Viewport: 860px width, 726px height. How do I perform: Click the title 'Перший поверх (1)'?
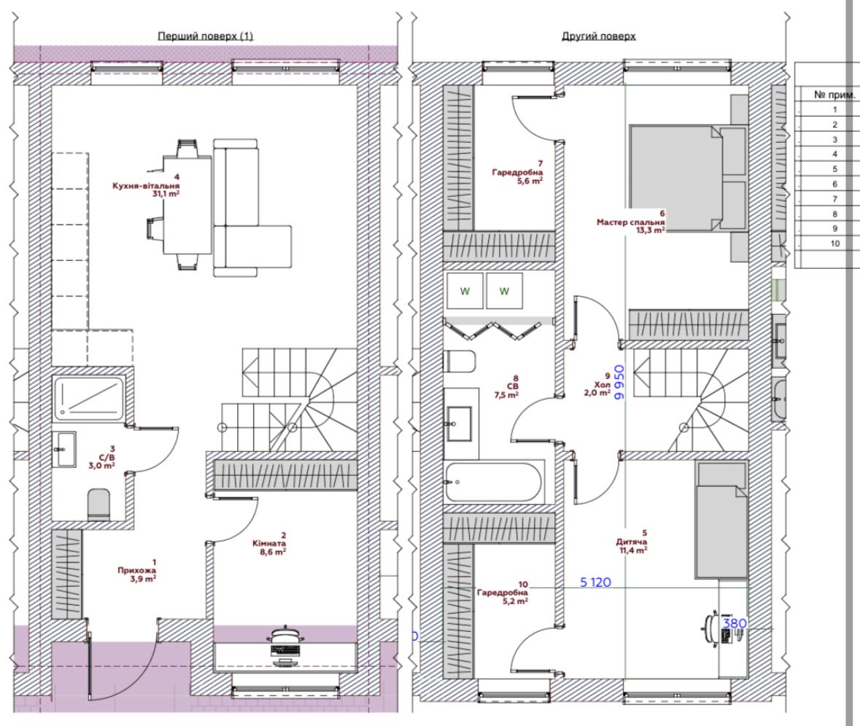coord(205,36)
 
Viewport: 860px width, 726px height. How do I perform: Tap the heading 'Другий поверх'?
coord(598,36)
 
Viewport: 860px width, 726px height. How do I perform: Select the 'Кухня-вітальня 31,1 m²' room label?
coord(146,186)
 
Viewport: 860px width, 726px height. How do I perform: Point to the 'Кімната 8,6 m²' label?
coord(268,544)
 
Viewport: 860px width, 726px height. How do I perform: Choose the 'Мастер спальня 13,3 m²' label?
coord(631,222)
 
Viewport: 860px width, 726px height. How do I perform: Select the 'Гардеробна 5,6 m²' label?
coord(517,172)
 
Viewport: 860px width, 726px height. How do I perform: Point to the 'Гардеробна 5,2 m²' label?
coord(503,593)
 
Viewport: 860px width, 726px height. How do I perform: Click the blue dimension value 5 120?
coord(596,582)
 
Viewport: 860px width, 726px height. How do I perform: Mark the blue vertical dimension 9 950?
coord(619,383)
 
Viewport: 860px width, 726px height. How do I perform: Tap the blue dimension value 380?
coord(735,623)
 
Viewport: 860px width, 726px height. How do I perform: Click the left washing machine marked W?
coord(465,291)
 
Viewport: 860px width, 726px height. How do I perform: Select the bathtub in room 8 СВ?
coord(494,482)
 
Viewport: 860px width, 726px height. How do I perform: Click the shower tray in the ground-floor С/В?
coord(89,398)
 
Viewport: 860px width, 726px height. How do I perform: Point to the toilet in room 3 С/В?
coord(98,505)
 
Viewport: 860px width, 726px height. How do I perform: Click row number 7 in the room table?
coord(834,199)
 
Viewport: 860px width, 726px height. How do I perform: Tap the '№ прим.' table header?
coord(834,95)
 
